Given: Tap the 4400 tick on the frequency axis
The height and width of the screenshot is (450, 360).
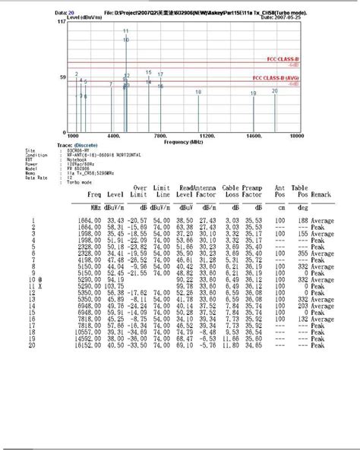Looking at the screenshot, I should click(114, 136).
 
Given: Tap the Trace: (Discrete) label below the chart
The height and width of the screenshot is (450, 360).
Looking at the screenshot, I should click(73, 145).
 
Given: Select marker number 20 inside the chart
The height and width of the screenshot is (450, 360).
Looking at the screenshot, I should click(274, 89).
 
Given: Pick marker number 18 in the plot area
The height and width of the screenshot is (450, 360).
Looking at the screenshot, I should click(198, 92).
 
